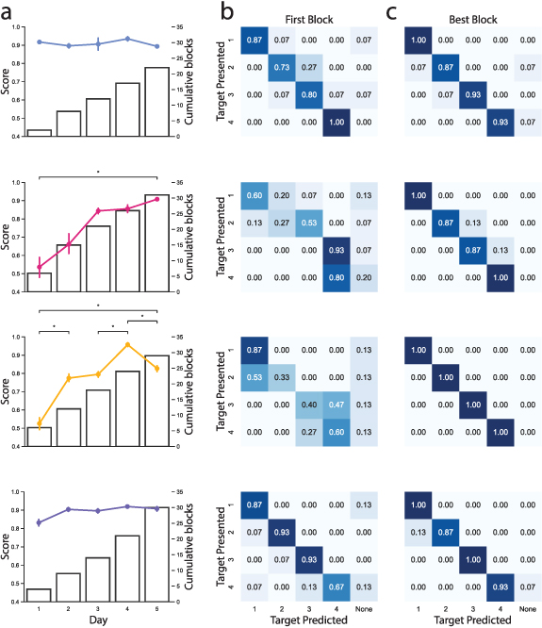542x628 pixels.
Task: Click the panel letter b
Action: pos(227,13)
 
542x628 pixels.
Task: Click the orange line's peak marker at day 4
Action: pos(127,345)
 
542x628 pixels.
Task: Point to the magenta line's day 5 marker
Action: pos(156,200)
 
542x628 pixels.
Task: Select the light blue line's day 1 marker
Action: pos(39,42)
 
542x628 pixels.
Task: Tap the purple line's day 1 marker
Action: pos(39,522)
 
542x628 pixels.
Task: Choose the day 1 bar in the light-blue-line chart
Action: pos(39,133)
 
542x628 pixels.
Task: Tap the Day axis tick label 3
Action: pos(98,609)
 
